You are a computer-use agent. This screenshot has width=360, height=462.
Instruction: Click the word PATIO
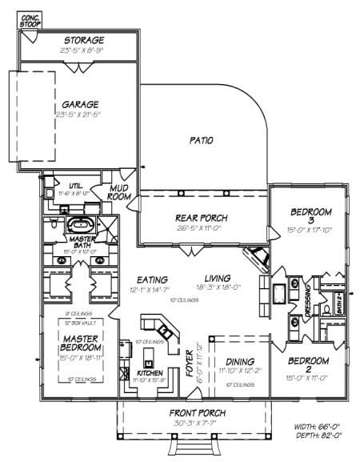pyautogui.click(x=201, y=140)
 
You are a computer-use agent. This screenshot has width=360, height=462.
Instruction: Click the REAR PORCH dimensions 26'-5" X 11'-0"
pyautogui.click(x=202, y=228)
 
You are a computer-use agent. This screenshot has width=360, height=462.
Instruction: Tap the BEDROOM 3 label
pyautogui.click(x=310, y=216)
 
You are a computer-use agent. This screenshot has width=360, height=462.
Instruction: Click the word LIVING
pyautogui.click(x=217, y=270)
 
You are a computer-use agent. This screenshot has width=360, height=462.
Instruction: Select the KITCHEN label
pyautogui.click(x=150, y=373)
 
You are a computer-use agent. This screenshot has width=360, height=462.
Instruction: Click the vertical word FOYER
pyautogui.click(x=189, y=363)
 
